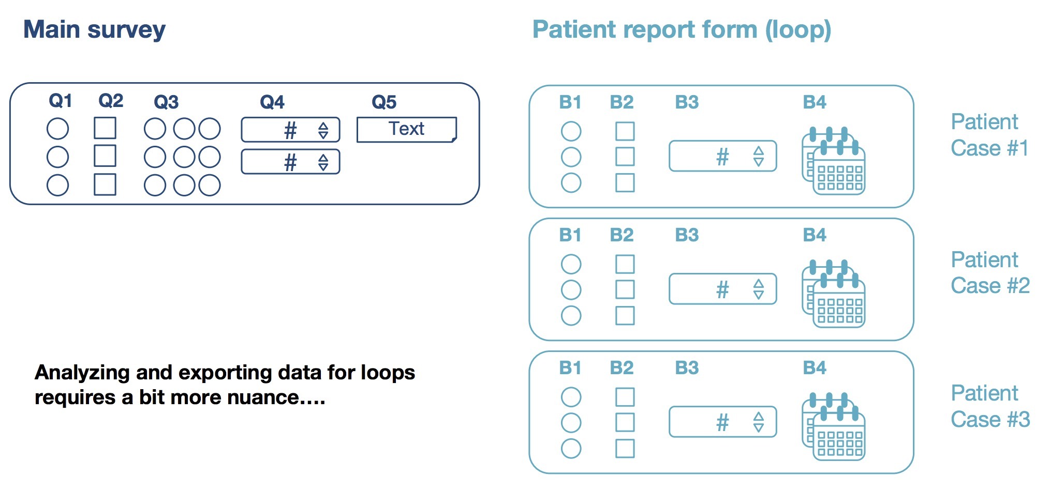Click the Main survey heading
click(x=94, y=29)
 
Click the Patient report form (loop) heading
click(x=681, y=29)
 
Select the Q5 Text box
click(x=406, y=129)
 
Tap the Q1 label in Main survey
click(x=60, y=100)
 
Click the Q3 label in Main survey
click(x=166, y=102)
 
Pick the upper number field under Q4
click(x=290, y=130)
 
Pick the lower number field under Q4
click(x=290, y=162)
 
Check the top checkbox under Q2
click(x=105, y=128)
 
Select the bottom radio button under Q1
click(x=57, y=185)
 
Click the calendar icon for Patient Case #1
click(x=833, y=161)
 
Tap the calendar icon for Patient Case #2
click(x=833, y=294)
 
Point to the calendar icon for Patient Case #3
click(x=833, y=426)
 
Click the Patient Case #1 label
click(x=989, y=135)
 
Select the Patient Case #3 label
click(x=990, y=406)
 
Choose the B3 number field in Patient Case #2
click(x=722, y=289)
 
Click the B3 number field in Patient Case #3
click(x=722, y=422)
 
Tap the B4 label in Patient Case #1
click(x=814, y=102)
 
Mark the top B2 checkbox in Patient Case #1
click(x=625, y=131)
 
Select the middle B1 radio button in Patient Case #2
click(x=571, y=290)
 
